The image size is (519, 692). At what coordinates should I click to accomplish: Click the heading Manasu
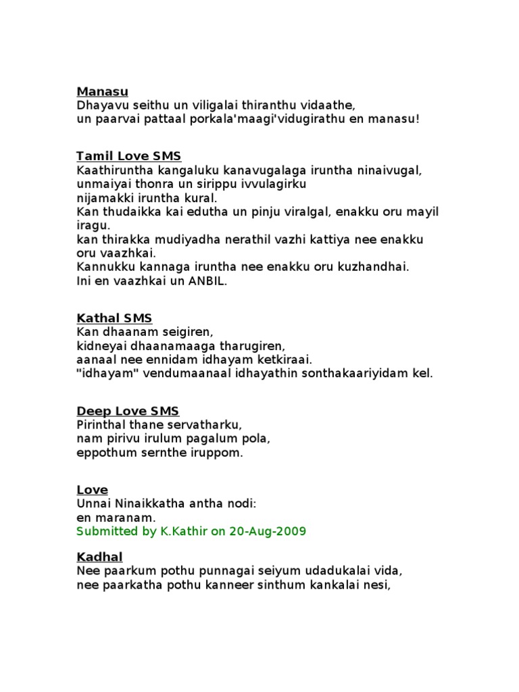102,91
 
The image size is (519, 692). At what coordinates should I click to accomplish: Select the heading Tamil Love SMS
128,156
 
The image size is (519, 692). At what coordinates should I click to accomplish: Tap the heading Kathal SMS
114,318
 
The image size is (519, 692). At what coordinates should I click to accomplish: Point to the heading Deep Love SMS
128,411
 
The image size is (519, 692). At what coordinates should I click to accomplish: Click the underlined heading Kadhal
100,556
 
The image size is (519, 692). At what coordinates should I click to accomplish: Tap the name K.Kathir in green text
184,531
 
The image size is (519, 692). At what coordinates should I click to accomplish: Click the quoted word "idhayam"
105,373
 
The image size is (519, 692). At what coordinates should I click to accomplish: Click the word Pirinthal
103,425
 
